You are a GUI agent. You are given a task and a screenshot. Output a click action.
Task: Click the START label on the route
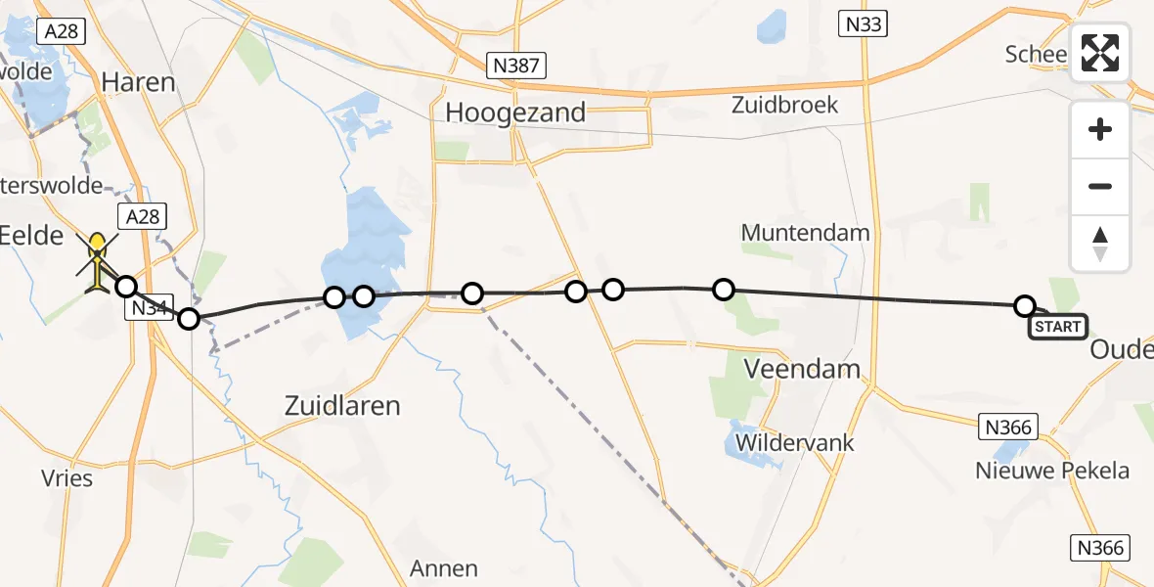pyautogui.click(x=1058, y=327)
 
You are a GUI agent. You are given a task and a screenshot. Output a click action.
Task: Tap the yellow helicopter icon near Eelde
pyautogui.click(x=98, y=261)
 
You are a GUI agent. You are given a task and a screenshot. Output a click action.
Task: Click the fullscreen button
pyautogui.click(x=1100, y=53)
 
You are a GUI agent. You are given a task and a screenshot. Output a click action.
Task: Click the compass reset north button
pyautogui.click(x=1100, y=244)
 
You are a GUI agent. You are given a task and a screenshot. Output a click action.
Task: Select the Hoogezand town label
pyautogui.click(x=515, y=113)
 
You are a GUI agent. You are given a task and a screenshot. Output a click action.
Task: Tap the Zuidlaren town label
pyautogui.click(x=341, y=405)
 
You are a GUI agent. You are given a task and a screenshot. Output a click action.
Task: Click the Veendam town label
pyautogui.click(x=802, y=370)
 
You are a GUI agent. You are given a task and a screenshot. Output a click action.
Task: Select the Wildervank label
pyautogui.click(x=795, y=442)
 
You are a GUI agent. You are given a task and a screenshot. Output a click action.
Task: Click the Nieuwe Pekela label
pyautogui.click(x=1052, y=471)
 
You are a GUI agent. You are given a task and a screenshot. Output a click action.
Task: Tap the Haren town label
pyautogui.click(x=139, y=81)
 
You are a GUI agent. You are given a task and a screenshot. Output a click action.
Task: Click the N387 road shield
pyautogui.click(x=517, y=67)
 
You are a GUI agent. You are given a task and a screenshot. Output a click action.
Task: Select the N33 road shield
pyautogui.click(x=863, y=23)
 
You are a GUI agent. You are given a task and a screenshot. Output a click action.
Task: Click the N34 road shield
pyautogui.click(x=148, y=308)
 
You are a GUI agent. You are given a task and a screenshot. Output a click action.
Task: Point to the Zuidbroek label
pyautogui.click(x=784, y=105)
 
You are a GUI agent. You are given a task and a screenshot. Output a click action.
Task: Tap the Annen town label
pyautogui.click(x=444, y=568)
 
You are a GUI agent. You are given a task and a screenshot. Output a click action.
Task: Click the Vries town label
pyautogui.click(x=67, y=478)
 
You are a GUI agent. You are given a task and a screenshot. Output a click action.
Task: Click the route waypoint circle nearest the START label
pyautogui.click(x=1024, y=306)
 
